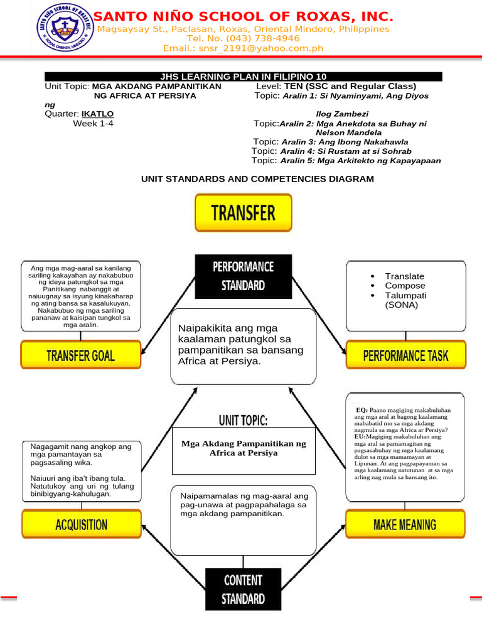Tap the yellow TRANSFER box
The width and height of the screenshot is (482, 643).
point(244,212)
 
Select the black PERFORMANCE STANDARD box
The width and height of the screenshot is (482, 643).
point(244,276)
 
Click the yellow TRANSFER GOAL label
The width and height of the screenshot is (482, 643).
point(81,356)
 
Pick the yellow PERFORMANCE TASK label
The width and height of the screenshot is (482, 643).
point(405,356)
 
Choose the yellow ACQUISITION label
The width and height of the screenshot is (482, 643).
point(81,525)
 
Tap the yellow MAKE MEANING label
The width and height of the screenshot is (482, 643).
point(405,524)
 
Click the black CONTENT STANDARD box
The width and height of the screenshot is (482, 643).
point(244,589)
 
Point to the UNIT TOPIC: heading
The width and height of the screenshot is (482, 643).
point(243,419)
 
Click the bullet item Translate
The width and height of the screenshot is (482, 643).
point(405,276)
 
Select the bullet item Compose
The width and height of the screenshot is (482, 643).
point(405,286)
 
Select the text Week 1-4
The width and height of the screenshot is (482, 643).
point(94,124)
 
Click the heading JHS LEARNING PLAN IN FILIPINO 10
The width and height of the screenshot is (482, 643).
point(244,77)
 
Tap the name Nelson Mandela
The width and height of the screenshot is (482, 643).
point(348,133)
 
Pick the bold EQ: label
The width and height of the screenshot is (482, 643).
point(362,410)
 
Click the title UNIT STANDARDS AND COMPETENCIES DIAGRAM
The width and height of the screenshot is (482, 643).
point(257,179)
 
